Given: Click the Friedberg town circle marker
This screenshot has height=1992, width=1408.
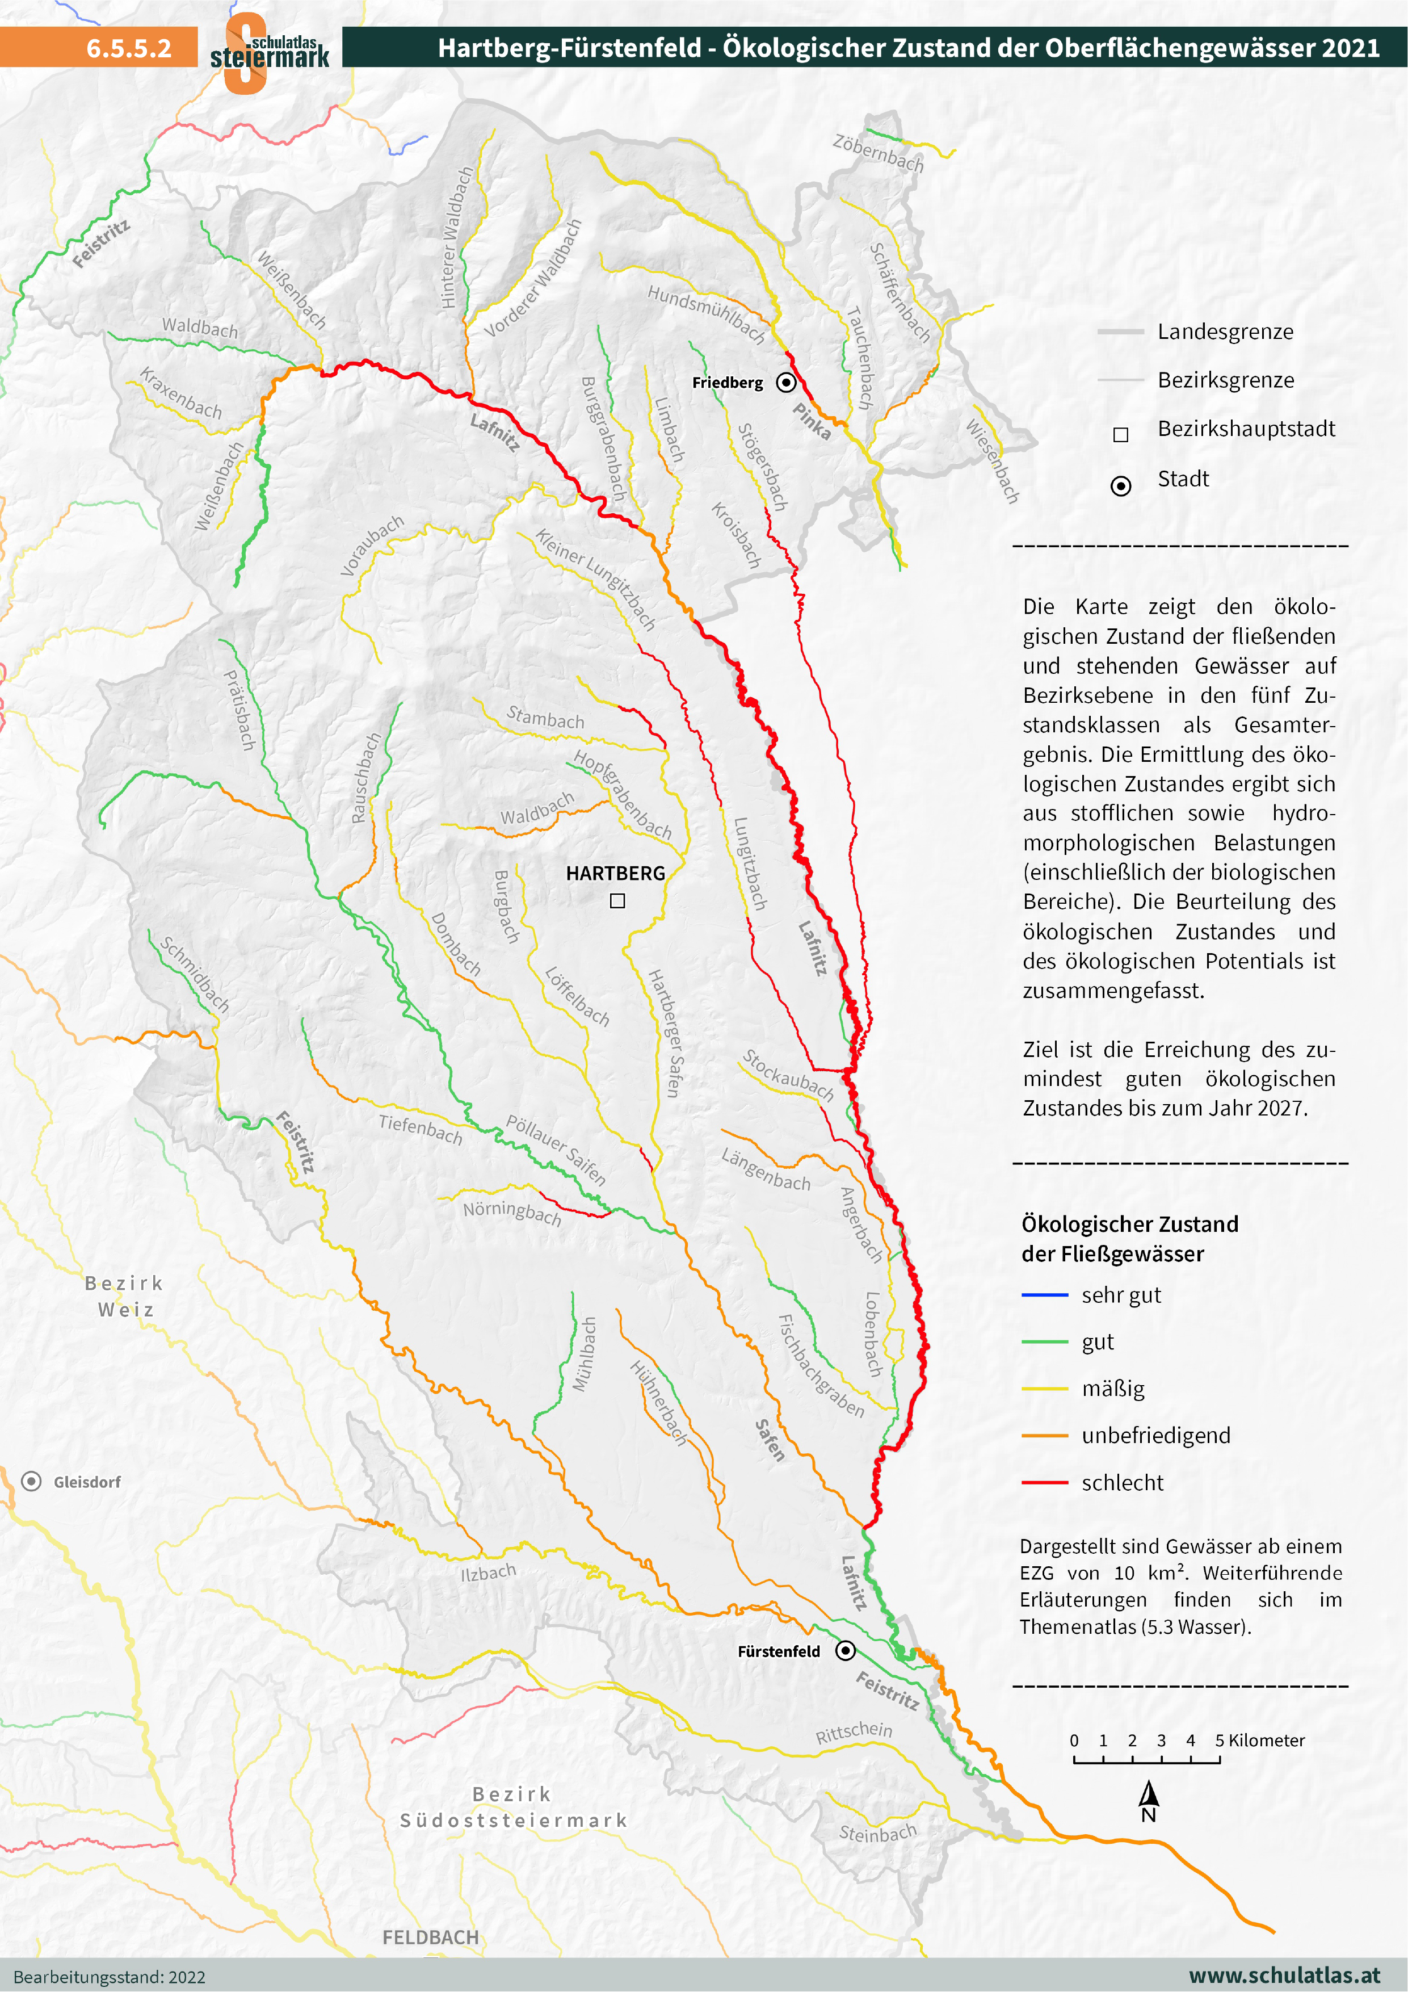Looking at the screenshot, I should click(786, 381).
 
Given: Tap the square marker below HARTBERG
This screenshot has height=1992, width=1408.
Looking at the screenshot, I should click(617, 900).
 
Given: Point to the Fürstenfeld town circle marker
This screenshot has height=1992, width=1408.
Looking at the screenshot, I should click(845, 1650).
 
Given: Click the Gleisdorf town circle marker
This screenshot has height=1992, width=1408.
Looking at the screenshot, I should click(31, 1481).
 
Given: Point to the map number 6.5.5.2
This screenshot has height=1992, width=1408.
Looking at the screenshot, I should click(128, 48).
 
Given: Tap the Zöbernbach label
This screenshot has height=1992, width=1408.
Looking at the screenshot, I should click(878, 153).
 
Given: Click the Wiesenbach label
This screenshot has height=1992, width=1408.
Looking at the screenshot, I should click(993, 461).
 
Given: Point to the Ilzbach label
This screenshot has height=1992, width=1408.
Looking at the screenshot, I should click(489, 1571).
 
